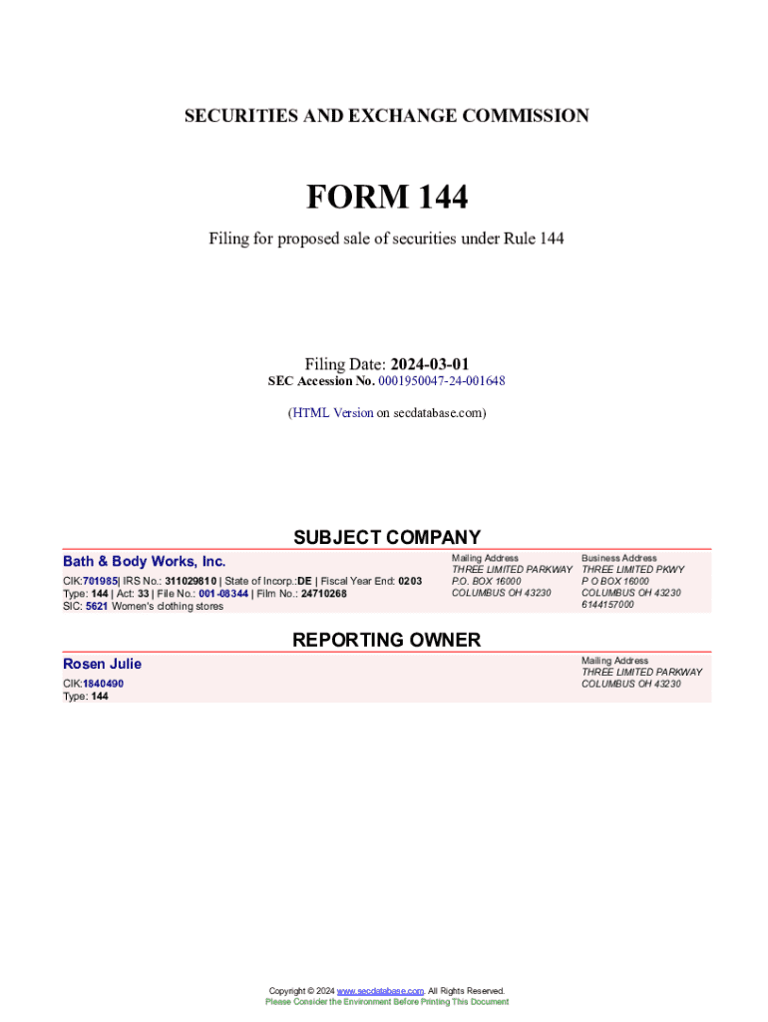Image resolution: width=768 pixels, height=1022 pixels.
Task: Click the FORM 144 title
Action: tap(386, 198)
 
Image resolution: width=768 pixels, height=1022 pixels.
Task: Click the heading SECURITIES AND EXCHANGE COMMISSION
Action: tap(386, 116)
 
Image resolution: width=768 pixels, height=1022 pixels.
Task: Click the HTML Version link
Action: tap(332, 412)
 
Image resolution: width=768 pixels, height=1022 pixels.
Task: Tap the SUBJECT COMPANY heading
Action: tap(386, 537)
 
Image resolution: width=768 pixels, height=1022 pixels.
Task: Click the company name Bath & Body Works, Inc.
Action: tap(145, 561)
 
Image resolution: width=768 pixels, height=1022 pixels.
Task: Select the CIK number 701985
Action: tap(100, 581)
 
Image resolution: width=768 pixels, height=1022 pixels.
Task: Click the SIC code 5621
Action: tap(97, 606)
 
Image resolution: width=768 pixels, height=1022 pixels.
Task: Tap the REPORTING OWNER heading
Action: tap(386, 640)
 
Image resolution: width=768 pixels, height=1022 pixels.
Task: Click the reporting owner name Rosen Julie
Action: tap(102, 664)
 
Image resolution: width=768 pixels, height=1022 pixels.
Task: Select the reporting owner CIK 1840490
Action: tap(103, 684)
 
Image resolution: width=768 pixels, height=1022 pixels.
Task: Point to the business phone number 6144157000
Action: tap(607, 604)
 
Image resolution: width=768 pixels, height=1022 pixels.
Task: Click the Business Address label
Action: tap(618, 558)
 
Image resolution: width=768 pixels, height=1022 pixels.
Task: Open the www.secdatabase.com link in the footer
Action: tap(380, 991)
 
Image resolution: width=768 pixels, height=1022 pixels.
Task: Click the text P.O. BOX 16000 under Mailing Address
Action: tap(486, 581)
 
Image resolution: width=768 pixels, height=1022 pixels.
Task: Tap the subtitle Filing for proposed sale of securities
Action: tap(386, 240)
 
